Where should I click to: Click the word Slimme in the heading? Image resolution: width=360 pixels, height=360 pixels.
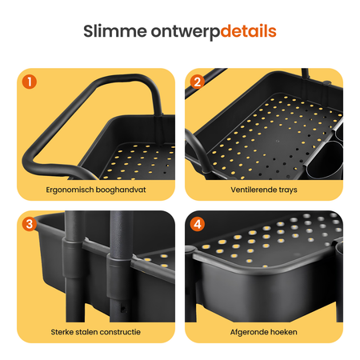[x=115, y=31]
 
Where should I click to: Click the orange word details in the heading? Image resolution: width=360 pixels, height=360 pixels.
[x=248, y=31]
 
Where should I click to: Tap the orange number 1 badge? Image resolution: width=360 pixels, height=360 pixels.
[x=30, y=82]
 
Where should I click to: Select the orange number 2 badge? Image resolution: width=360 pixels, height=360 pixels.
[x=198, y=82]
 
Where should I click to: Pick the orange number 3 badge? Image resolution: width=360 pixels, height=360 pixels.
[x=30, y=224]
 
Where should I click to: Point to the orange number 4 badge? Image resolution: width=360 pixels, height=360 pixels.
[x=198, y=224]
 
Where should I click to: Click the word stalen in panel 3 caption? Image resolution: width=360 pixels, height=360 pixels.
[x=85, y=332]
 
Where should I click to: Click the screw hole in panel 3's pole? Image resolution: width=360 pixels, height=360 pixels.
[x=123, y=309]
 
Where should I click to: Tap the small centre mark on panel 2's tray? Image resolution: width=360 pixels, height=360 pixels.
[x=278, y=141]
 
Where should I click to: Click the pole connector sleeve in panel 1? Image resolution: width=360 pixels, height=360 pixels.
[x=158, y=129]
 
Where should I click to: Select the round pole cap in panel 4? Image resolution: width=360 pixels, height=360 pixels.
[x=190, y=250]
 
